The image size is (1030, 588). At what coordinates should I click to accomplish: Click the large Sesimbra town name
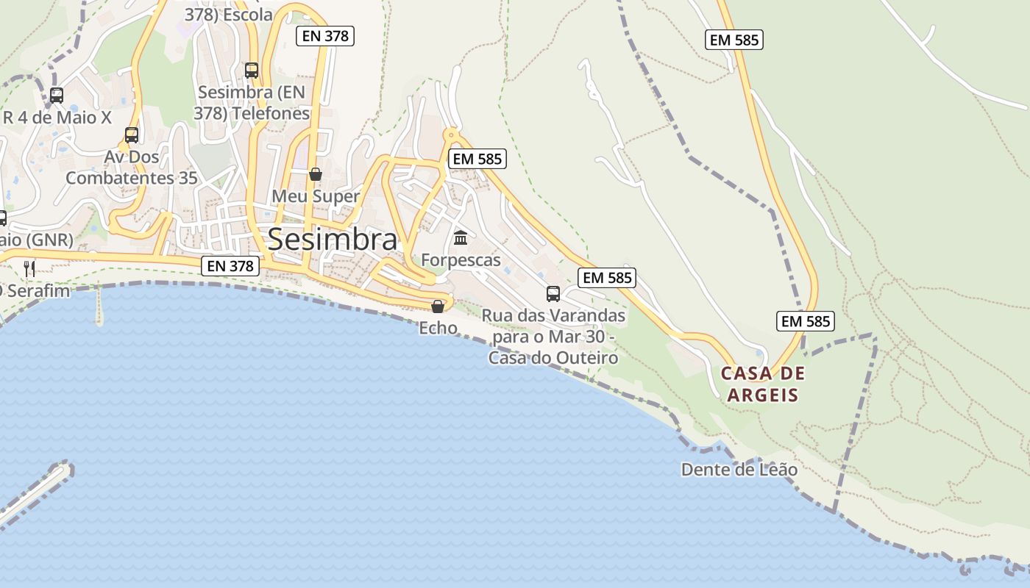click(333, 240)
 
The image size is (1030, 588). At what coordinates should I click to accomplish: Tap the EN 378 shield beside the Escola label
click(325, 36)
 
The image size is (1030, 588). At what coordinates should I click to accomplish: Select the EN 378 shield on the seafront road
click(230, 266)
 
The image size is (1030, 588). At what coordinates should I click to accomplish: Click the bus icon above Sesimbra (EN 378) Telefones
click(252, 71)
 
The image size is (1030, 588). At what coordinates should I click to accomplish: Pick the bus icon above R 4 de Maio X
click(57, 95)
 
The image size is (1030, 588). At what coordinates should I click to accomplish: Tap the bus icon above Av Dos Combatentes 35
click(132, 135)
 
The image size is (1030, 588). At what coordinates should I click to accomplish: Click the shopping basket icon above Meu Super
click(316, 174)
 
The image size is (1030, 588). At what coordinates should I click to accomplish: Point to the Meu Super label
click(316, 196)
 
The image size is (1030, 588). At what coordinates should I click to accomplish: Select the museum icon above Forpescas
click(461, 237)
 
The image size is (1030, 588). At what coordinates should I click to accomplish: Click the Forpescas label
click(461, 260)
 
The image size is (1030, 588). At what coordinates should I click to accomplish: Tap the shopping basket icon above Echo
click(438, 306)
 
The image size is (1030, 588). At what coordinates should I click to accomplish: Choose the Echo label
click(438, 328)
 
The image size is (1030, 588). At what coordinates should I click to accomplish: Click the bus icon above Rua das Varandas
click(553, 294)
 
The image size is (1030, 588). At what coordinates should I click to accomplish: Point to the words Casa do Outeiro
click(553, 358)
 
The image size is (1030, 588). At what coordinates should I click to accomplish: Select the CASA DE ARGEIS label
click(763, 384)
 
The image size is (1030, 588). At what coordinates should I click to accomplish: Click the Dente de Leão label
click(739, 470)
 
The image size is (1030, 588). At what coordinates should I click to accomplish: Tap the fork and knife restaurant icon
click(29, 268)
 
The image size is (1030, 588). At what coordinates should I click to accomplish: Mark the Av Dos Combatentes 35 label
click(132, 168)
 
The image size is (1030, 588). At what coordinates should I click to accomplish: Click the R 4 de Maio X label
click(57, 118)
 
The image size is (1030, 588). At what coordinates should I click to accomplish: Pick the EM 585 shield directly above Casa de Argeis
click(805, 321)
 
